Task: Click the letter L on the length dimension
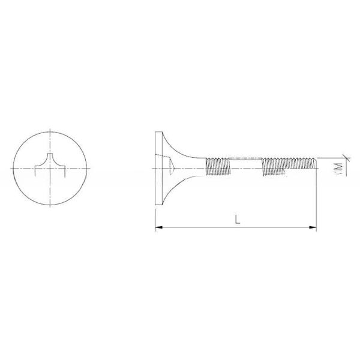coord(238,220)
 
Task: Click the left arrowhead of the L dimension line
coord(158,227)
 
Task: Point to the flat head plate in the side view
coord(157,169)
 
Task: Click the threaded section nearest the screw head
coord(218,165)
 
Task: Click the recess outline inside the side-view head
coord(172,169)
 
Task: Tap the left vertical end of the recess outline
coord(35,173)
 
